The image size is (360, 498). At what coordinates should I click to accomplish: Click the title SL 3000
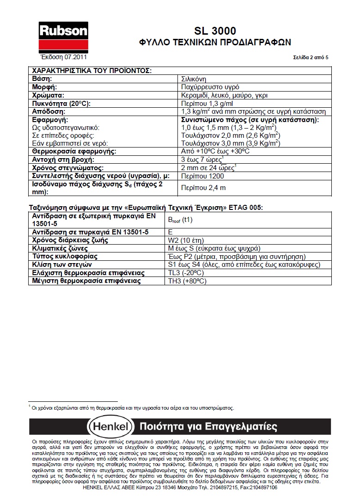coord(214,31)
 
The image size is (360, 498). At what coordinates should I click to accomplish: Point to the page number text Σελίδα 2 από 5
coord(311,58)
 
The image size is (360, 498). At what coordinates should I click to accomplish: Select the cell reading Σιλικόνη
coord(193,79)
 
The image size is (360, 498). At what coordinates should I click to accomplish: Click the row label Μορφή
coord(44,87)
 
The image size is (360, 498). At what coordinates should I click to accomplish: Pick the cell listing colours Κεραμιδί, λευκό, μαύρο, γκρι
coord(225,95)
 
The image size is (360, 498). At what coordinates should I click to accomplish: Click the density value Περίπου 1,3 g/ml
coord(205,103)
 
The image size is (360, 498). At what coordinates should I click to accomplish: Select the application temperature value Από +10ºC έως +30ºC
coord(215,151)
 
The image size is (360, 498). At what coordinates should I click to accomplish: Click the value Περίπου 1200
coord(202,176)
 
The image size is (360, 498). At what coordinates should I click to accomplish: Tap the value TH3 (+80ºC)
coord(187,281)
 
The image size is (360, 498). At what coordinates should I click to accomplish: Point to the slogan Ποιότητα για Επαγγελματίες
coord(208,426)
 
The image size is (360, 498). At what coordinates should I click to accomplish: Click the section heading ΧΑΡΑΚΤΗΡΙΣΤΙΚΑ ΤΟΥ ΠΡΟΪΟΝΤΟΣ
coord(91,71)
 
